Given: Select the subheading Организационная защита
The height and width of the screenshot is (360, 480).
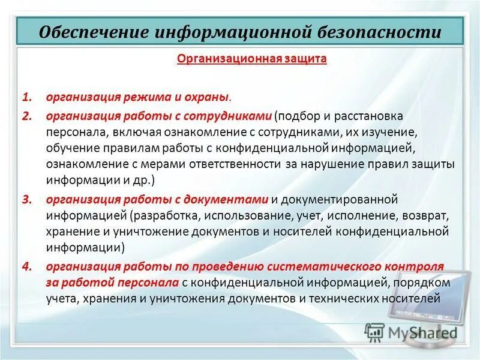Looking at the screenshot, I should (x=251, y=59).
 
